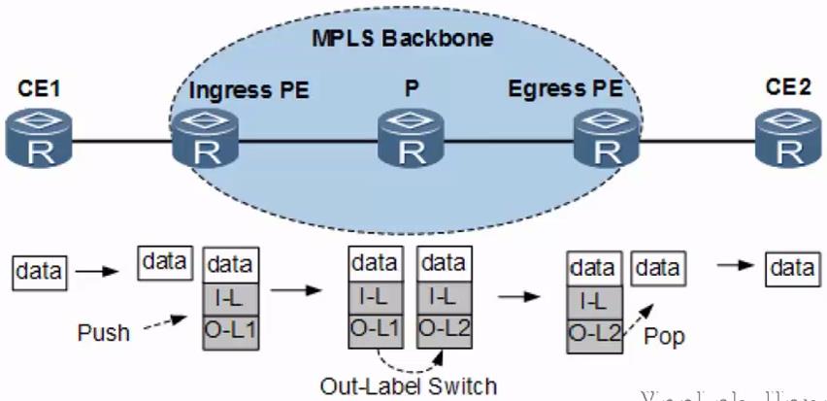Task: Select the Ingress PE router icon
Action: click(x=205, y=141)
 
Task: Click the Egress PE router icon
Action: click(x=609, y=141)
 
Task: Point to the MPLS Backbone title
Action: click(x=402, y=40)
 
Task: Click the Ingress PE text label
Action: click(x=249, y=93)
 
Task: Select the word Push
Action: click(x=103, y=333)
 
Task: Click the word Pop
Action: click(x=664, y=336)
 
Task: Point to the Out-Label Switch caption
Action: click(x=409, y=385)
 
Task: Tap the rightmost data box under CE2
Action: click(x=790, y=268)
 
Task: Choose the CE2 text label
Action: click(x=786, y=91)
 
